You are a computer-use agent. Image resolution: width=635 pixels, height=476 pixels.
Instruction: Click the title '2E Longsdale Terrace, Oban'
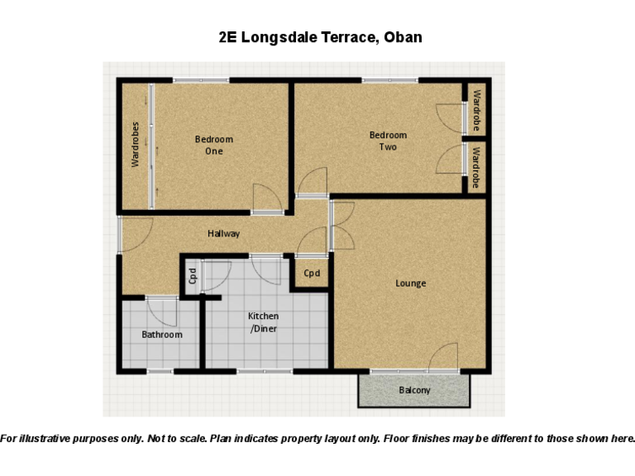coord(320,37)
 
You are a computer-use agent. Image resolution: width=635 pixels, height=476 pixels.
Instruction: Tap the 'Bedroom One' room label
coord(214,145)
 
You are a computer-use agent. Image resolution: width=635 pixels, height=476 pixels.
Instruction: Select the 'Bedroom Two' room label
coord(388,141)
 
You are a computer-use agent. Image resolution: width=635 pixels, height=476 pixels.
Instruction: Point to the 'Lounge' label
coord(410,283)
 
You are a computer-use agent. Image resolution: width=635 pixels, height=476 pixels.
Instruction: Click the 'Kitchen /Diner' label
coord(264,323)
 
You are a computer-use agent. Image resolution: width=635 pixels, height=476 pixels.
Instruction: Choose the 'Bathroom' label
coord(162,335)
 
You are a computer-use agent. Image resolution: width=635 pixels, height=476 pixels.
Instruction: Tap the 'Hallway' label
coord(223,234)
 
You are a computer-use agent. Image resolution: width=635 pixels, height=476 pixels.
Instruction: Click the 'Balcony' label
coord(414,390)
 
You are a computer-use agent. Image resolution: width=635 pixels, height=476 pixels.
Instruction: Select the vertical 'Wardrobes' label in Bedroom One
coord(136,145)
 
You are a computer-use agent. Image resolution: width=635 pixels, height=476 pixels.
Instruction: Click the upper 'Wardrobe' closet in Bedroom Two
coord(476,110)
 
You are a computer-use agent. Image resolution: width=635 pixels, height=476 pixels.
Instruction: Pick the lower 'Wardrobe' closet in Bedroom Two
coord(476,167)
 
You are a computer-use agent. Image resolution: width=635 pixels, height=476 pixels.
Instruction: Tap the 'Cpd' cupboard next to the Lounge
coord(312,274)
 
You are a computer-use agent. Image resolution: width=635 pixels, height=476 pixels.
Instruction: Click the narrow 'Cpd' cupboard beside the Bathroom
coord(192,275)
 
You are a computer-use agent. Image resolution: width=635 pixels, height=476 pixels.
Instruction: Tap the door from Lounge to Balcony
coord(444,357)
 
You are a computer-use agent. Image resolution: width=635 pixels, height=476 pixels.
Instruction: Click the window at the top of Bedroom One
coord(201,80)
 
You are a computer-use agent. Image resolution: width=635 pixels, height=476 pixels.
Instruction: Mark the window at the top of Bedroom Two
coord(389,80)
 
